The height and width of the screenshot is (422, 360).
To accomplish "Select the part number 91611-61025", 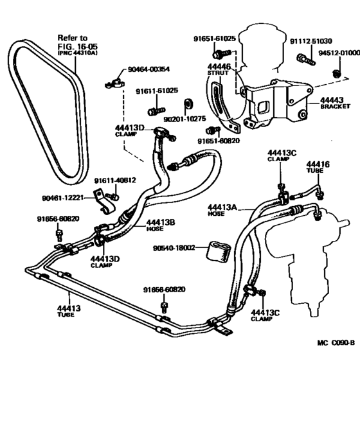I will (157, 92).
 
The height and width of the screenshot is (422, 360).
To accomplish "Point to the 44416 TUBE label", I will (318, 168).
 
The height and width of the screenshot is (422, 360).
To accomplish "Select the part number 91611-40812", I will (115, 180).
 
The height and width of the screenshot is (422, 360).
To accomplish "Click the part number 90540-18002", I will (172, 249).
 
